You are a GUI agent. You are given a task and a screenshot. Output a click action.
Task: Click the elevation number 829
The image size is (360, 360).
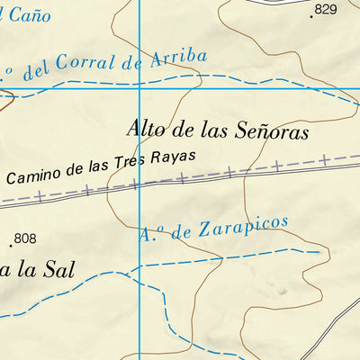click(x=325, y=9)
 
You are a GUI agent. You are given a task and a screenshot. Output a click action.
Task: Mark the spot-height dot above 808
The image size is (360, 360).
click(x=11, y=244)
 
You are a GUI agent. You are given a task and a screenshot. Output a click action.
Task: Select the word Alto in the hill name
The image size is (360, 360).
click(x=147, y=130)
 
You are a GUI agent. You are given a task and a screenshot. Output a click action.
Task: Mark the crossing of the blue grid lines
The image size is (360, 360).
click(x=140, y=88)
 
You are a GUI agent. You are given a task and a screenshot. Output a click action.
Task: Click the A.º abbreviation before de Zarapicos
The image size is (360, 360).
click(x=151, y=236)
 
